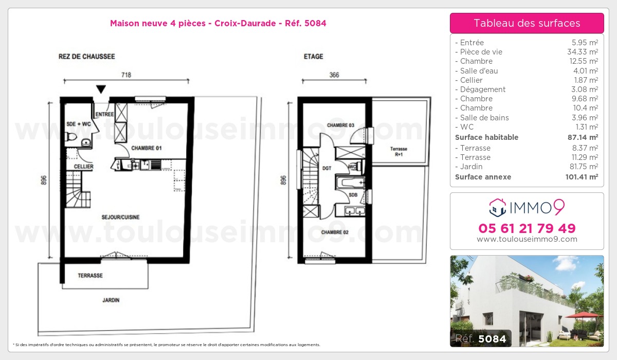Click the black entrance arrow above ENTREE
click(x=101, y=89)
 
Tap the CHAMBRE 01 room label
click(x=146, y=148)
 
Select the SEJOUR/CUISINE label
click(x=120, y=218)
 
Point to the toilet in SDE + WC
click(x=71, y=137)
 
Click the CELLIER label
click(x=83, y=167)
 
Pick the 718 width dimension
click(x=126, y=75)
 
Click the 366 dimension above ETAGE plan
click(x=334, y=75)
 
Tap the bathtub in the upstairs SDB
click(x=350, y=183)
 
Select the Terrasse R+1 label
click(x=398, y=152)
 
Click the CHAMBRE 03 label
click(x=340, y=125)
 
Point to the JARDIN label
click(x=111, y=300)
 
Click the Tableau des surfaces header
click(x=527, y=23)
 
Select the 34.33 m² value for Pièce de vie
click(x=582, y=52)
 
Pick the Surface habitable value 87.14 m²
click(x=583, y=137)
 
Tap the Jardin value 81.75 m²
click(x=584, y=167)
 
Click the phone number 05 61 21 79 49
click(x=527, y=228)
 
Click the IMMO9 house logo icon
click(x=497, y=208)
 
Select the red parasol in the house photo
click(x=583, y=315)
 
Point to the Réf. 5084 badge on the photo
click(x=481, y=338)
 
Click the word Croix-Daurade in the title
click(x=245, y=23)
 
